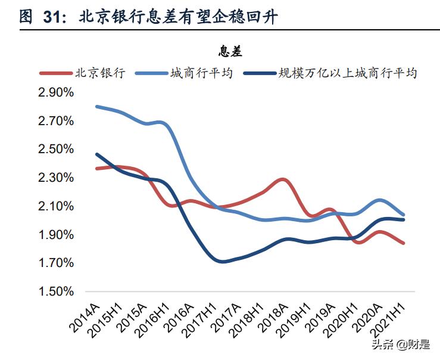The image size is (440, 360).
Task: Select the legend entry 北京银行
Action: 99,73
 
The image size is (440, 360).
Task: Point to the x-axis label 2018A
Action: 273,315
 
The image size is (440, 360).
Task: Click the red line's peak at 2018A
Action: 283,179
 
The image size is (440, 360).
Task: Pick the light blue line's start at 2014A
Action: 97,107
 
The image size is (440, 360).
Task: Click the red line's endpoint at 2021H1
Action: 403,243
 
